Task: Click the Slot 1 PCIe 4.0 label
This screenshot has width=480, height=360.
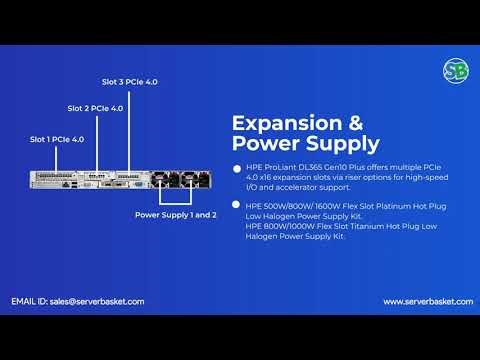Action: click(x=56, y=139)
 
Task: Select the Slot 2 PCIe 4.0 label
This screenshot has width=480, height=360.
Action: click(x=95, y=108)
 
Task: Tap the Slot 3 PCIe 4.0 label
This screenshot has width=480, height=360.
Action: click(x=130, y=81)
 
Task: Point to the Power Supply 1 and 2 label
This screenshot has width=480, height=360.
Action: click(x=175, y=215)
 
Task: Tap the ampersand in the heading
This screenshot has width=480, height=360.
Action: click(x=354, y=124)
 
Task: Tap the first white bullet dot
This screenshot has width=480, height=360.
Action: click(x=237, y=169)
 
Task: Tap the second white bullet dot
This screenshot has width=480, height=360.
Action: click(x=237, y=205)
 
